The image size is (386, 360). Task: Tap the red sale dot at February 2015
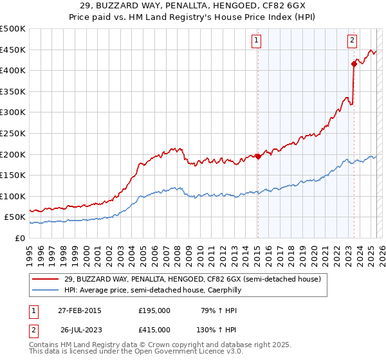pos(257,156)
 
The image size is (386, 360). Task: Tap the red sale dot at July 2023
pos(354,63)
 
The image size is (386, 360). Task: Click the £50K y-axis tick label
pos(15,217)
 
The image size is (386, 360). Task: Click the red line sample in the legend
pos(46,279)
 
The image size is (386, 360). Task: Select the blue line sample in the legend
pos(46,290)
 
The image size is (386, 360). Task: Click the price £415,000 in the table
pos(154,329)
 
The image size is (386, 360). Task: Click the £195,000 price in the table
pos(154,310)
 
